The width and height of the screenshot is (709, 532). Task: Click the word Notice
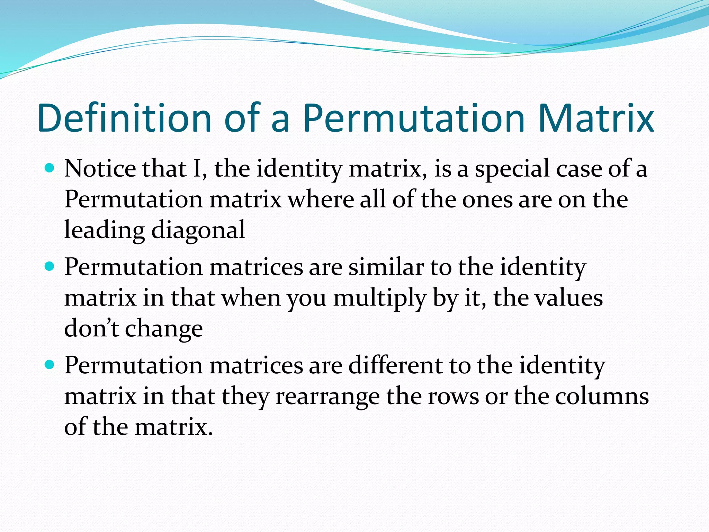pos(100,169)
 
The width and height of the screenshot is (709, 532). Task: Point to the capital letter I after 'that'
pos(197,169)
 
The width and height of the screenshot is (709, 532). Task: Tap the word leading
pos(104,230)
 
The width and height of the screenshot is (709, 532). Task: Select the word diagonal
pos(198,230)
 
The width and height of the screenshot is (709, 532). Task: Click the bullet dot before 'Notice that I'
pos(50,169)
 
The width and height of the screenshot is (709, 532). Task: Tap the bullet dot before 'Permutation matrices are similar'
pos(50,267)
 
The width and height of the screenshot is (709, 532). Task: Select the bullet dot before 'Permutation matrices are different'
pos(50,365)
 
